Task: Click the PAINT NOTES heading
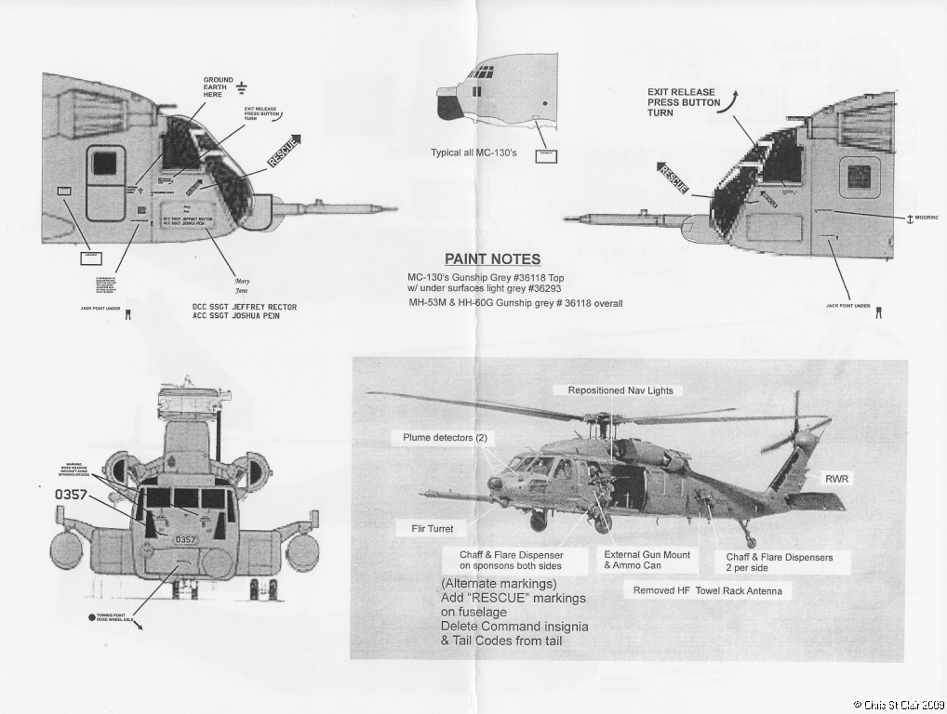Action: click(492, 259)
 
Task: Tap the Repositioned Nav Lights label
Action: click(620, 390)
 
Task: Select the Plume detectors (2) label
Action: click(445, 437)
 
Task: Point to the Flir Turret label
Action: click(433, 528)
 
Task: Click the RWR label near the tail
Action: click(837, 479)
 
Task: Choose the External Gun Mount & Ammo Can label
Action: click(647, 560)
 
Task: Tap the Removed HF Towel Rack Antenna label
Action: click(708, 590)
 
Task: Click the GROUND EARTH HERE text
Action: click(219, 87)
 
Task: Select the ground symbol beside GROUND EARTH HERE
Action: click(242, 87)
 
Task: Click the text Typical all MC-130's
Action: click(473, 152)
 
